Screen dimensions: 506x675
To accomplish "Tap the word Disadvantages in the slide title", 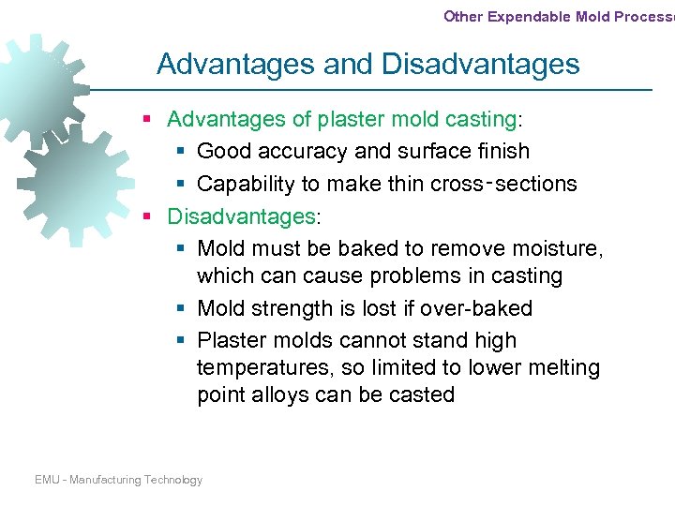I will pos(481,65).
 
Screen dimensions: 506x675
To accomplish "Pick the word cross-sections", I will pos(503,184).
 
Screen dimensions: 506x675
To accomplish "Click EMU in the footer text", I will pos(47,480).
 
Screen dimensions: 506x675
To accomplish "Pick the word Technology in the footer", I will pos(173,480).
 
